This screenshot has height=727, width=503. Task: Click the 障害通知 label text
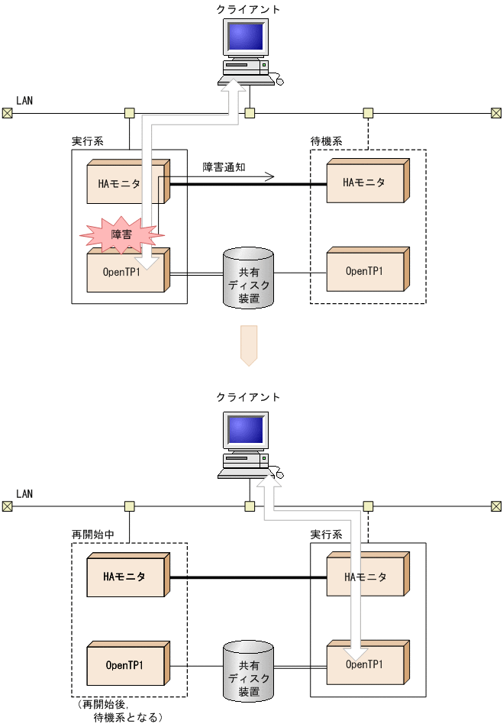point(224,166)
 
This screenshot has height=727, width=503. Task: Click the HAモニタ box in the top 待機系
point(364,182)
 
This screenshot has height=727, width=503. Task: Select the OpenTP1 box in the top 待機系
point(364,270)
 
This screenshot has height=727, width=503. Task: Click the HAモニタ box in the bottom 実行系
point(364,577)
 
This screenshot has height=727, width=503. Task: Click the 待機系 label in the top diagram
point(326,141)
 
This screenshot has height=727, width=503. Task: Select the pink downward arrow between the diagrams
point(249,345)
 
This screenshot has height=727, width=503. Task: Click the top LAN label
point(24,101)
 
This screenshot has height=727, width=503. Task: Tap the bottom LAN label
point(24,494)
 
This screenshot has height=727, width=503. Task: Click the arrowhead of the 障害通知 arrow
point(269,177)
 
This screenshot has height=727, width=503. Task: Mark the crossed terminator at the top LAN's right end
point(495,113)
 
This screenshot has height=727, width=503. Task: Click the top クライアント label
point(249,10)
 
